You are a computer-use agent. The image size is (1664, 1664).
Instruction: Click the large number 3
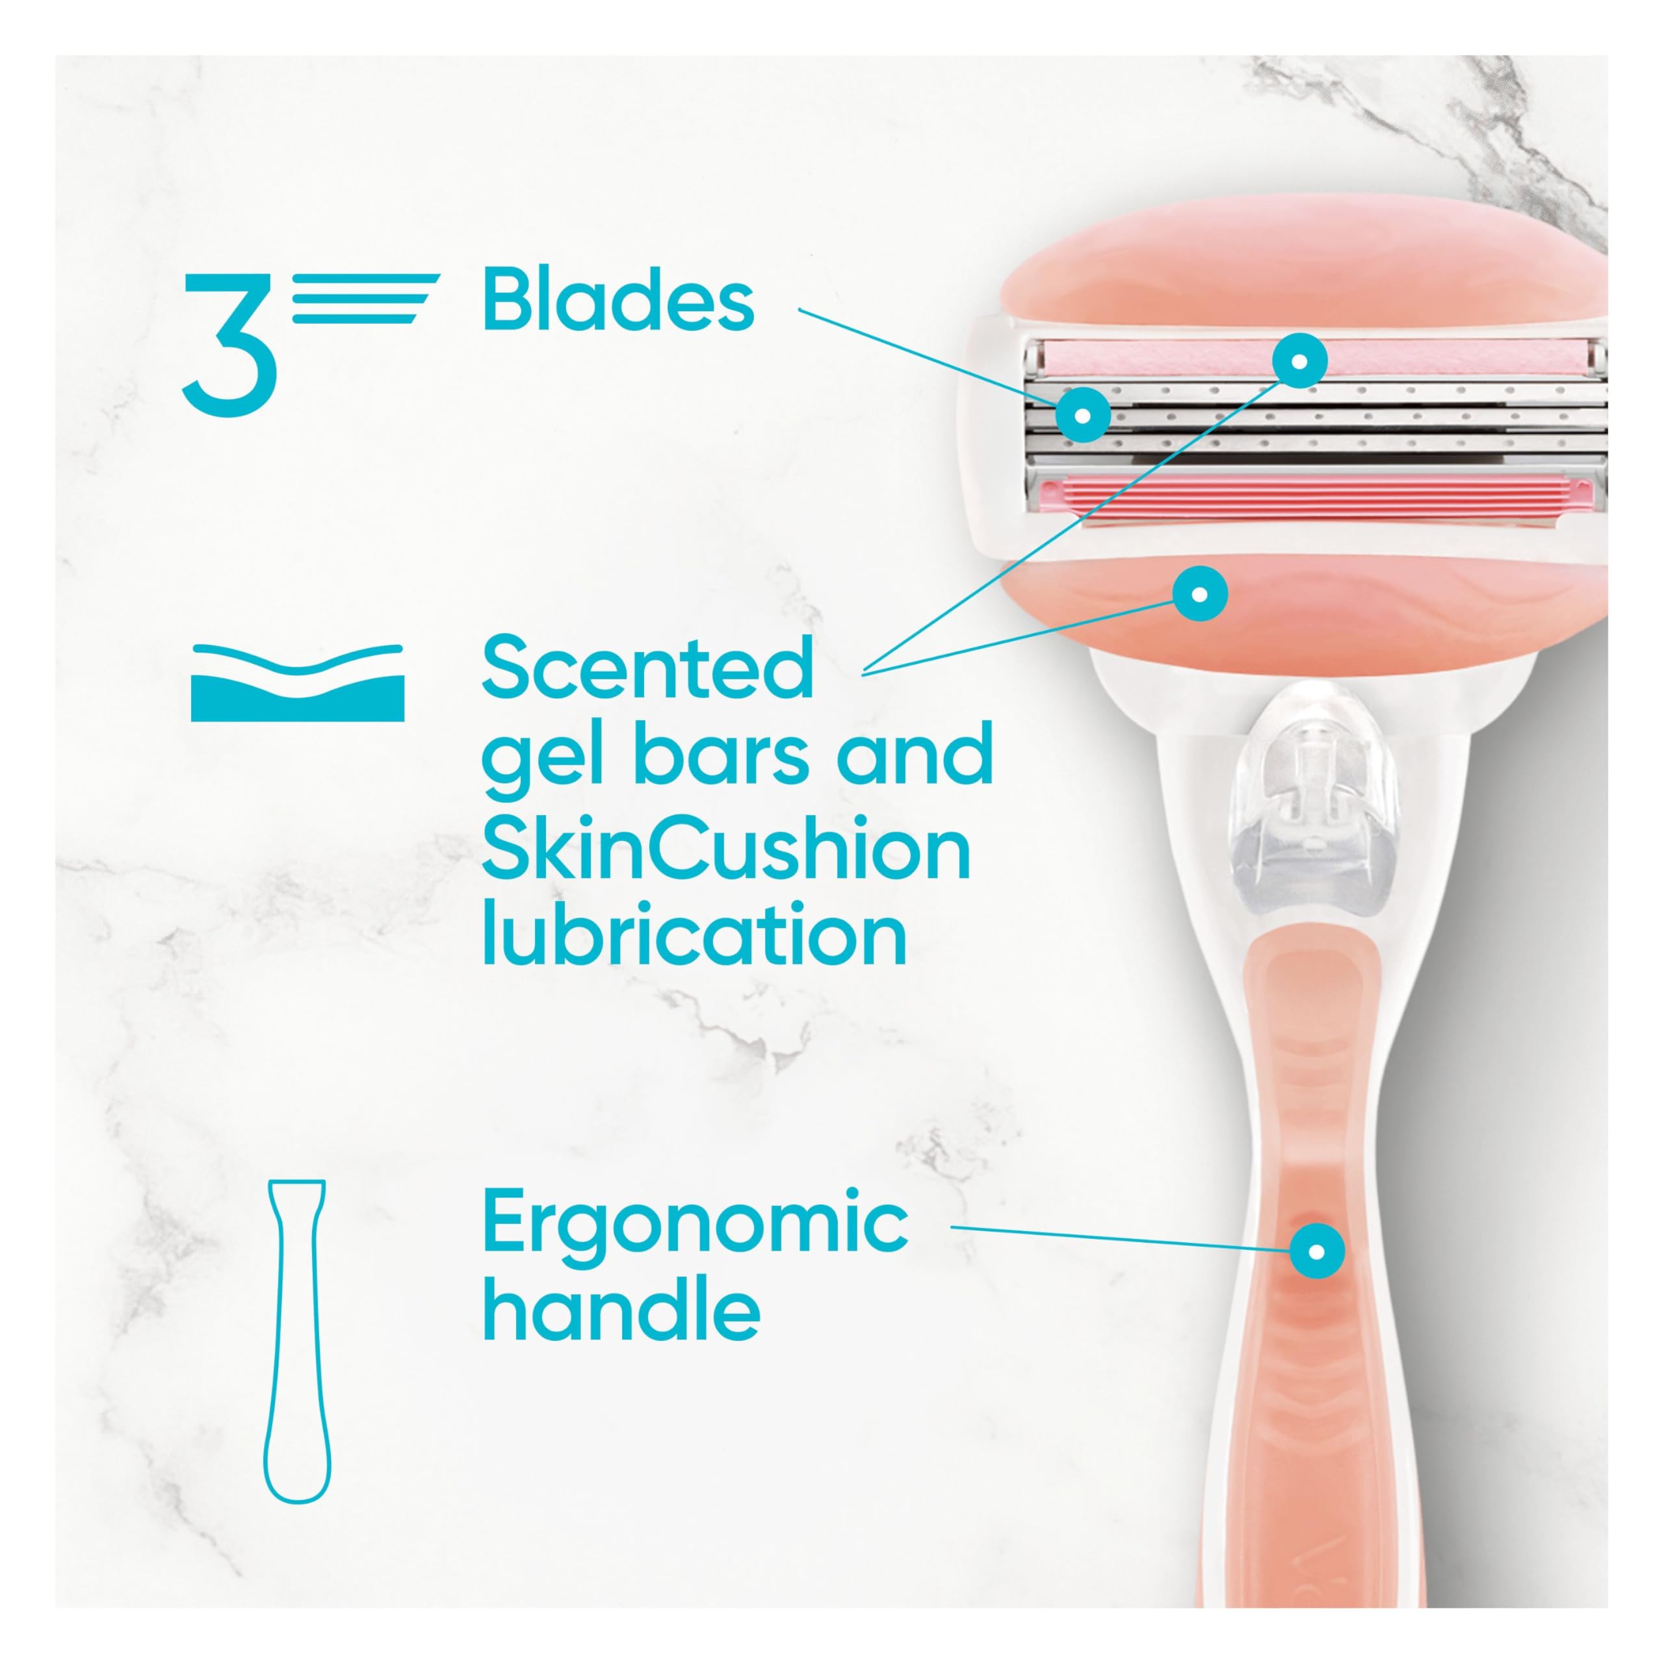click(x=230, y=344)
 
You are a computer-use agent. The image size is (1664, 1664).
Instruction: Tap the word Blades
click(x=617, y=299)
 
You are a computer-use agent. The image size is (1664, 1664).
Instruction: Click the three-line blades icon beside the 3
click(x=366, y=298)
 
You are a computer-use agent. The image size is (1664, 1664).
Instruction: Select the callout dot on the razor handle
click(x=1316, y=1251)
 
